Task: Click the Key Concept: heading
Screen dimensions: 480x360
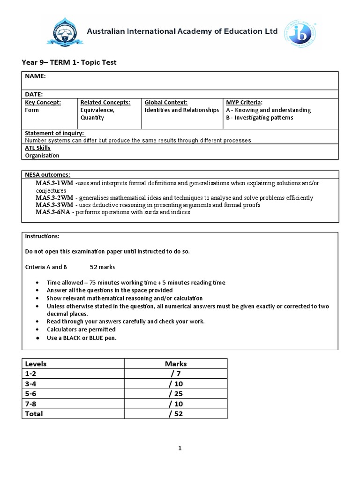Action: pos(43,102)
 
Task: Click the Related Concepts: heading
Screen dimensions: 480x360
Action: pos(105,102)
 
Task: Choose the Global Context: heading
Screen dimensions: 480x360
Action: pos(166,102)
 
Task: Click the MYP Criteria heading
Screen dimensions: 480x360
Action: pos(244,102)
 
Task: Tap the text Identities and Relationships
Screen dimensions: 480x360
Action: pos(181,110)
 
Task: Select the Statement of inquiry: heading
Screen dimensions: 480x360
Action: pos(54,134)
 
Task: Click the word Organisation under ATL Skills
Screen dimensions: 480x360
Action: pos(42,156)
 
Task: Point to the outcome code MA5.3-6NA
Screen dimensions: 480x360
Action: pos(54,212)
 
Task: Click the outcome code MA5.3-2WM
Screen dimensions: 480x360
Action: pos(54,198)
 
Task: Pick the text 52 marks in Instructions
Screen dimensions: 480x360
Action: pos(102,267)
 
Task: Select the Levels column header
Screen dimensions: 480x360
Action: pos(36,363)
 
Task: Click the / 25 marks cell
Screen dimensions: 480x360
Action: pos(176,394)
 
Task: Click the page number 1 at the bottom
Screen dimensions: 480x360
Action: pos(180,448)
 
